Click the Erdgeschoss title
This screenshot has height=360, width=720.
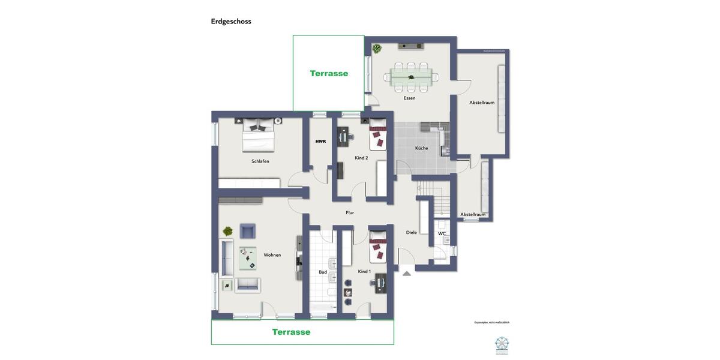tap(231, 22)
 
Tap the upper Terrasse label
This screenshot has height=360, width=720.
tap(329, 73)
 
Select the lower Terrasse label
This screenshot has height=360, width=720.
tap(291, 332)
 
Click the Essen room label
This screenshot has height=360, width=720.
tap(409, 98)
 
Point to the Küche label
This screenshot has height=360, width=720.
tap(421, 148)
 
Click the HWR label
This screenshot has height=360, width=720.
tap(320, 142)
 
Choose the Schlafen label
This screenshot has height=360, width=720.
tap(260, 161)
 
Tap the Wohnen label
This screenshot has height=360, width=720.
tap(272, 255)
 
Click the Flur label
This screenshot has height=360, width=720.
tap(350, 212)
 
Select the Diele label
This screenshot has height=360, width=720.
tap(411, 233)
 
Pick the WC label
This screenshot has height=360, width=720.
tap(442, 234)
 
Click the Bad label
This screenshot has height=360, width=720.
tap(323, 272)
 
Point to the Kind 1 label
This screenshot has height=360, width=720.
tap(364, 272)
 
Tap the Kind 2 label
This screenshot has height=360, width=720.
tap(361, 158)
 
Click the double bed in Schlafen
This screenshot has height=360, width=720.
tap(259, 136)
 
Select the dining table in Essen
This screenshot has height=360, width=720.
tap(411, 77)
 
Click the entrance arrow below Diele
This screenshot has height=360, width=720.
tap(407, 274)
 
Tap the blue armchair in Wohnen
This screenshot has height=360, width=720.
tap(247, 231)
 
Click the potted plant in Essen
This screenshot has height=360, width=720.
tap(377, 49)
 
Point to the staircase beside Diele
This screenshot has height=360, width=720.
tap(436, 198)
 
